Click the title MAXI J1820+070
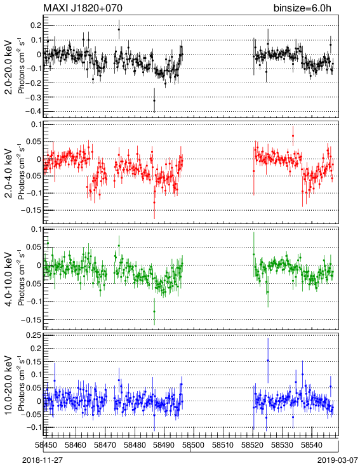click(83, 8)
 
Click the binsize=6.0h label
click(302, 8)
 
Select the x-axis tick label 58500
click(193, 445)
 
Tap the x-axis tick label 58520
click(253, 445)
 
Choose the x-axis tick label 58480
click(135, 445)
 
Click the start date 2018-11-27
click(43, 460)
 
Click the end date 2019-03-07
click(337, 460)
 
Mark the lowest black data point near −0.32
click(154, 100)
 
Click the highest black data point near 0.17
click(119, 29)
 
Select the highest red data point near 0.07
click(293, 136)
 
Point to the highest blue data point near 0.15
click(268, 361)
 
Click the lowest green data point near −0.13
click(154, 312)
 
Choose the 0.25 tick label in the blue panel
click(34, 336)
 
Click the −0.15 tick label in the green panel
click(31, 320)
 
